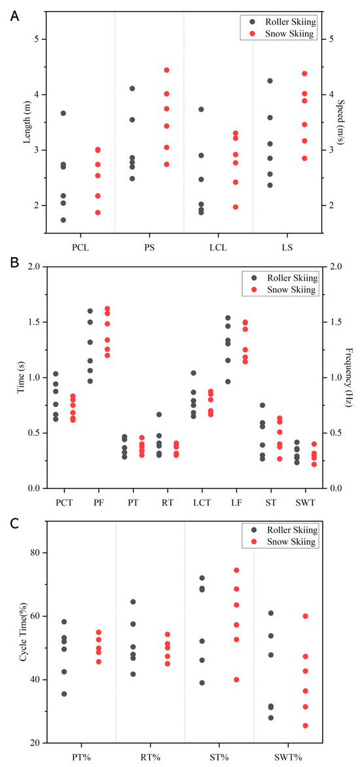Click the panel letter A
pyautogui.click(x=14, y=16)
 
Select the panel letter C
pyautogui.click(x=14, y=524)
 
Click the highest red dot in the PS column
pyautogui.click(x=166, y=70)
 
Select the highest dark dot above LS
pyautogui.click(x=270, y=80)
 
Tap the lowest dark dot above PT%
pyautogui.click(x=63, y=694)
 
